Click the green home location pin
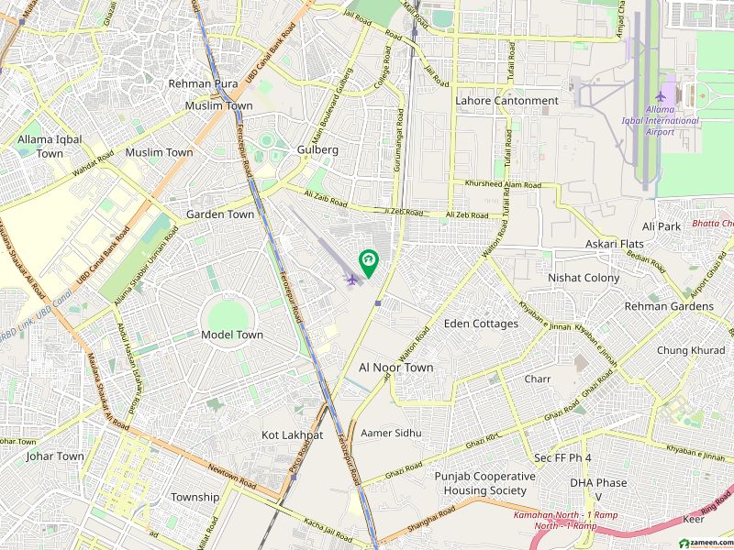368,261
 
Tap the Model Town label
232,335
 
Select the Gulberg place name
317,149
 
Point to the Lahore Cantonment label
506,101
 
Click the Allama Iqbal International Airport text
672,121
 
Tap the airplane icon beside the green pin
351,279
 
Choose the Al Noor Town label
395,368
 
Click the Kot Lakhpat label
292,434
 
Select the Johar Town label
55,456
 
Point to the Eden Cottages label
481,324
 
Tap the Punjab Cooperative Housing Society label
484,483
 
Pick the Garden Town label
220,214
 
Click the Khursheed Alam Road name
503,185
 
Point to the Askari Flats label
615,244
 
